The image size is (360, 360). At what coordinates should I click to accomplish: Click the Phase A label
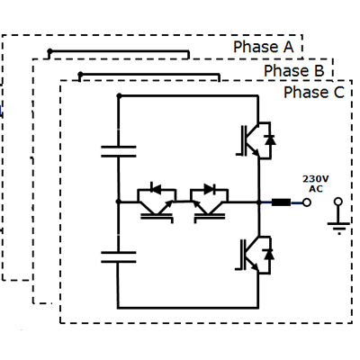[264, 47]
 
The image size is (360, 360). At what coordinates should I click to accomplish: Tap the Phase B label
[294, 71]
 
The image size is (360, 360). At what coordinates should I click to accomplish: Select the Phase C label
[314, 92]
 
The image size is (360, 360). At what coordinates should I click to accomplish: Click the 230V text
[316, 179]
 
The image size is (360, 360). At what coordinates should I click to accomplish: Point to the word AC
[316, 189]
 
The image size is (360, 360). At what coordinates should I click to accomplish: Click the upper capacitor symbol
[119, 151]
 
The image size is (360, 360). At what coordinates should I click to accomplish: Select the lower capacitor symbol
[119, 257]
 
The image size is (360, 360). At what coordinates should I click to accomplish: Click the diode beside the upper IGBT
[270, 140]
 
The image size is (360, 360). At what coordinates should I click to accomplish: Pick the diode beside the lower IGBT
[269, 255]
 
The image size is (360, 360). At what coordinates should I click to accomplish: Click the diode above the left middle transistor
[156, 189]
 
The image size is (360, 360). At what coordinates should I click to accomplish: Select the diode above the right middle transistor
[210, 189]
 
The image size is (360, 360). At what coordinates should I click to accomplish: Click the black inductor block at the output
[281, 202]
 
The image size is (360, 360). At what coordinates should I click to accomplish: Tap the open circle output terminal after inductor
[307, 202]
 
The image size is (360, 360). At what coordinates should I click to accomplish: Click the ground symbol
[338, 216]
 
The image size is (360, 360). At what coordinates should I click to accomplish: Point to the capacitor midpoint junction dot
[118, 202]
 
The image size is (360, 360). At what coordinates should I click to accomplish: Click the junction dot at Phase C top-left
[119, 96]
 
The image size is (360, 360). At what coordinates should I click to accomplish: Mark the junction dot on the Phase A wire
[49, 51]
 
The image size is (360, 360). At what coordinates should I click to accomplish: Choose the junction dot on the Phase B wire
[80, 74]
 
